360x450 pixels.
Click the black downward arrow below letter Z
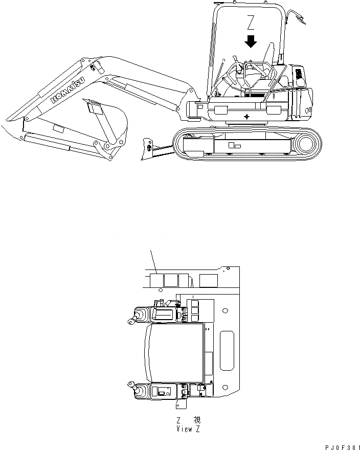pyautogui.click(x=251, y=41)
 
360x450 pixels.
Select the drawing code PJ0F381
pyautogui.click(x=339, y=447)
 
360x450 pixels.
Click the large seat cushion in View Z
pyautogui.click(x=174, y=353)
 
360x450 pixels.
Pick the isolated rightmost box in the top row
pyautogui.click(x=208, y=280)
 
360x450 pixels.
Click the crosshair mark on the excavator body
pyautogui.click(x=247, y=117)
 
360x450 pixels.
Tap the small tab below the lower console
pyautogui.click(x=181, y=405)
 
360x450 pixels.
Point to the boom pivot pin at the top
pyautogui.click(x=93, y=66)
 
